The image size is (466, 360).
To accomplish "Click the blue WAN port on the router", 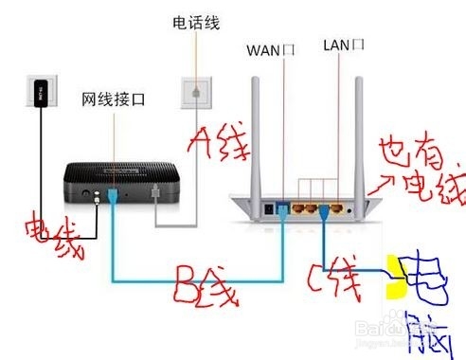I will [282, 207].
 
